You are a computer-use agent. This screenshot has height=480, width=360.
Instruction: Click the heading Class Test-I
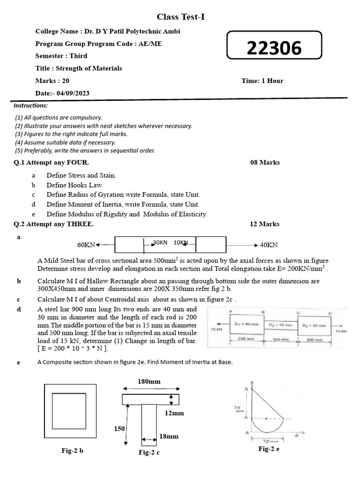180,17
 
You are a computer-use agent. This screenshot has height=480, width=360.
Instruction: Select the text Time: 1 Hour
262,81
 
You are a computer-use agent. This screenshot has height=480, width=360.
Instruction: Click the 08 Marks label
265,163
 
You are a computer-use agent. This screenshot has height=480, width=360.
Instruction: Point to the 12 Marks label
264,224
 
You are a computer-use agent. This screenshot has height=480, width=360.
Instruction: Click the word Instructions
30,105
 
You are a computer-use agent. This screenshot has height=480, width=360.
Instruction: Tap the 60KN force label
86,245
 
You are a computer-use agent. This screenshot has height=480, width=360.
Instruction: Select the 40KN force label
269,245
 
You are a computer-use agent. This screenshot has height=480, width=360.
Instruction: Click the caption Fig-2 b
72,451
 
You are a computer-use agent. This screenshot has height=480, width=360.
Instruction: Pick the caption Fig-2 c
149,452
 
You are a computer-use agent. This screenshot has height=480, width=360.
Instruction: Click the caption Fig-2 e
269,449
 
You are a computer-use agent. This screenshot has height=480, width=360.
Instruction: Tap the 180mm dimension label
149,382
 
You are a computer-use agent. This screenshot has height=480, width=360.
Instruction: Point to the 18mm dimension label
169,436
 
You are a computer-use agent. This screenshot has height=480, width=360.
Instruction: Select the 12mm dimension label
174,413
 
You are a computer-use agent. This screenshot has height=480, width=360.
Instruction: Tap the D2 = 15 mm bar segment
280,324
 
